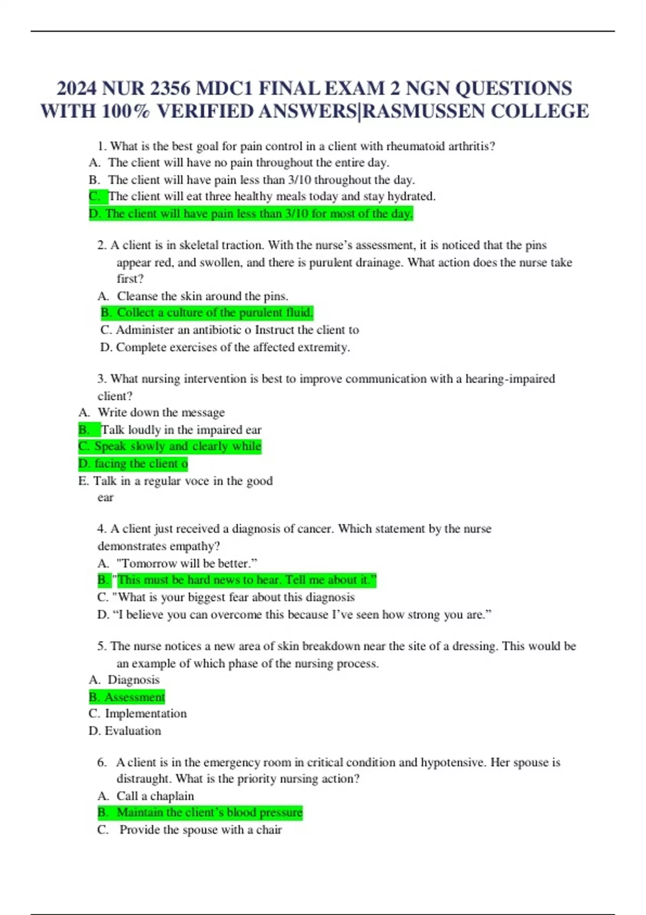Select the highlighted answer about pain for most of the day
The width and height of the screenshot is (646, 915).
tap(251, 214)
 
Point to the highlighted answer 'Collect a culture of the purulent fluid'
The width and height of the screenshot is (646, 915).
tap(207, 313)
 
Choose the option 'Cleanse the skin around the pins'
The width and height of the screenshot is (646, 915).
tap(202, 296)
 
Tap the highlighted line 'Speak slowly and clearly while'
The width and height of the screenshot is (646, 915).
tap(170, 446)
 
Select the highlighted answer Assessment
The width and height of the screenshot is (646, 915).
tap(128, 697)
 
